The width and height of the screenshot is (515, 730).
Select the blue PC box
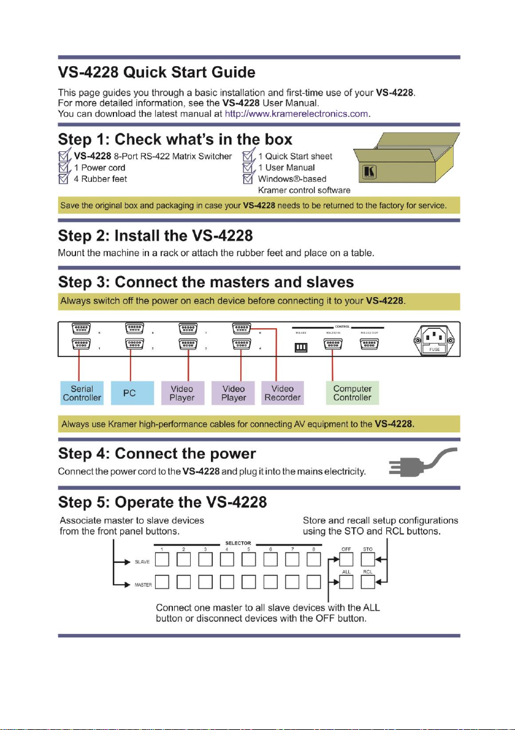tap(129, 393)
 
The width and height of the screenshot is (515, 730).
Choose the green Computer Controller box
tap(352, 393)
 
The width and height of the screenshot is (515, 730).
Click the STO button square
tap(368, 560)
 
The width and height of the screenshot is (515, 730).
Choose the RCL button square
tap(368, 585)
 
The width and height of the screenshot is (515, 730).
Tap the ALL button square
tap(345, 585)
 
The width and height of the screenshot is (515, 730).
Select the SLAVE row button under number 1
tap(162, 560)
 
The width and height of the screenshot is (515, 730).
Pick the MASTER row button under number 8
tap(314, 585)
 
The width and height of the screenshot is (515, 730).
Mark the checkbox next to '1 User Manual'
tap(248, 167)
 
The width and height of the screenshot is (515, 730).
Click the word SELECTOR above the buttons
tap(238, 543)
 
